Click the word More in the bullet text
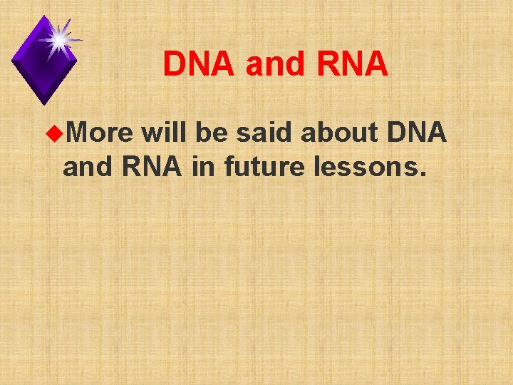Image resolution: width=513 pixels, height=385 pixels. [x=101, y=132]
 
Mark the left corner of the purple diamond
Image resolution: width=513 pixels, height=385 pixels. [x=12, y=60]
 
